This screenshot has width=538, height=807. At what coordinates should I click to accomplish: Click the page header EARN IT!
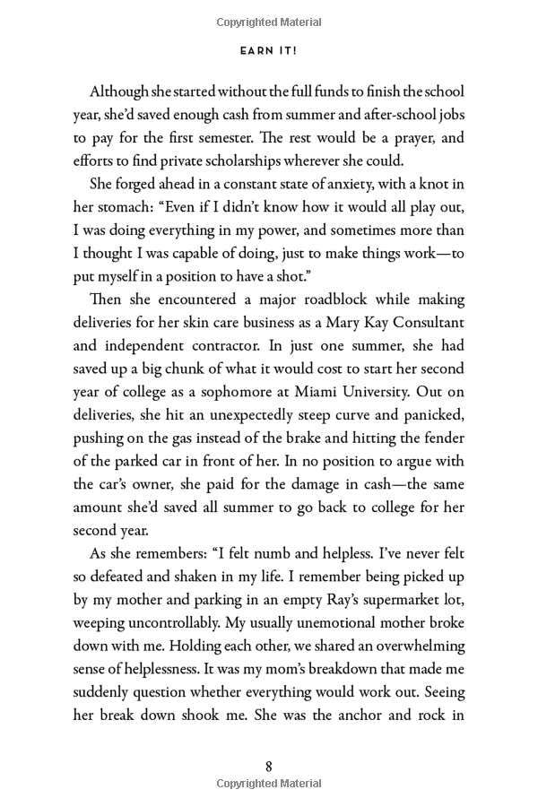click(x=269, y=51)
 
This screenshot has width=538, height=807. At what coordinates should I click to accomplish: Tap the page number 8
click(x=269, y=766)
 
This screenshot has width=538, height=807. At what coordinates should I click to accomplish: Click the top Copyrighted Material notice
click(x=269, y=22)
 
